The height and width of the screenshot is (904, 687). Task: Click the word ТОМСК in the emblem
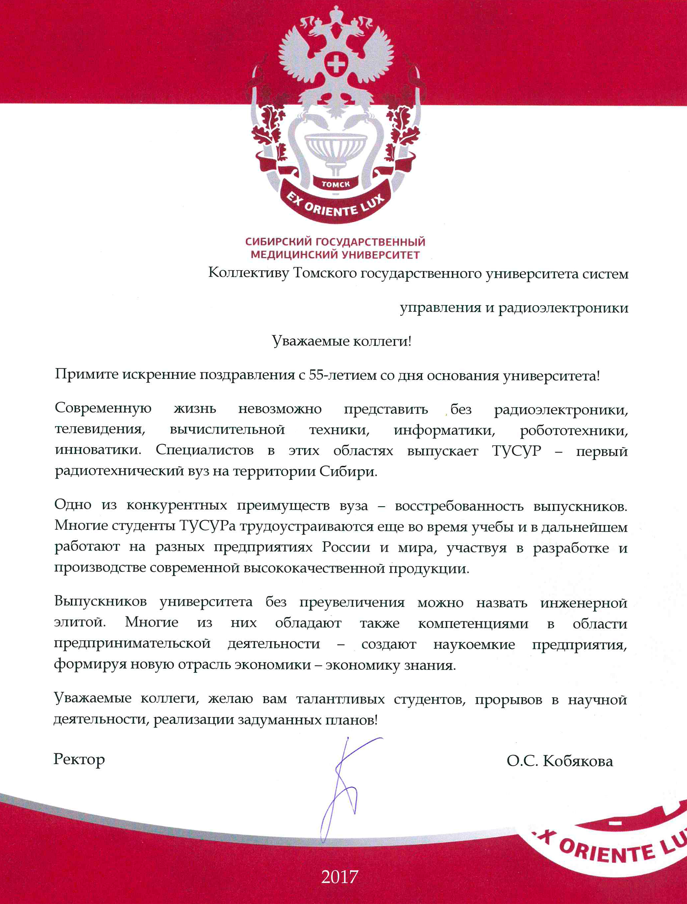(x=336, y=184)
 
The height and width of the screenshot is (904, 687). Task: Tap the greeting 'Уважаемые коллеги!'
(x=341, y=341)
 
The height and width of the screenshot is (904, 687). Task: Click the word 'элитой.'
(x=80, y=622)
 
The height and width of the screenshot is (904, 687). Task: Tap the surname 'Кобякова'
(x=578, y=761)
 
